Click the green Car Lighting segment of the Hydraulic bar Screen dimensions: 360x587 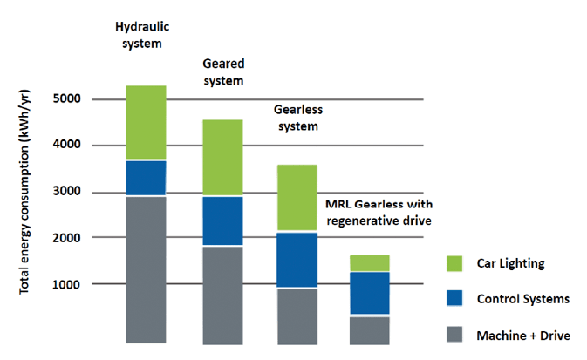146,123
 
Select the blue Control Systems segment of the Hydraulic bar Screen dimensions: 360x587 146,178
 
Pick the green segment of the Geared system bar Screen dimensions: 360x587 222,158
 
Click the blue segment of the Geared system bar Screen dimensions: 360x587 222,221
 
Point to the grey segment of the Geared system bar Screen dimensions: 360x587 222,294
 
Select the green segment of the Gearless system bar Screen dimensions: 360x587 297,199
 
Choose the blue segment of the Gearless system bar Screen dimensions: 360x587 297,260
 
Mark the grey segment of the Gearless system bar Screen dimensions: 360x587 297,315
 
